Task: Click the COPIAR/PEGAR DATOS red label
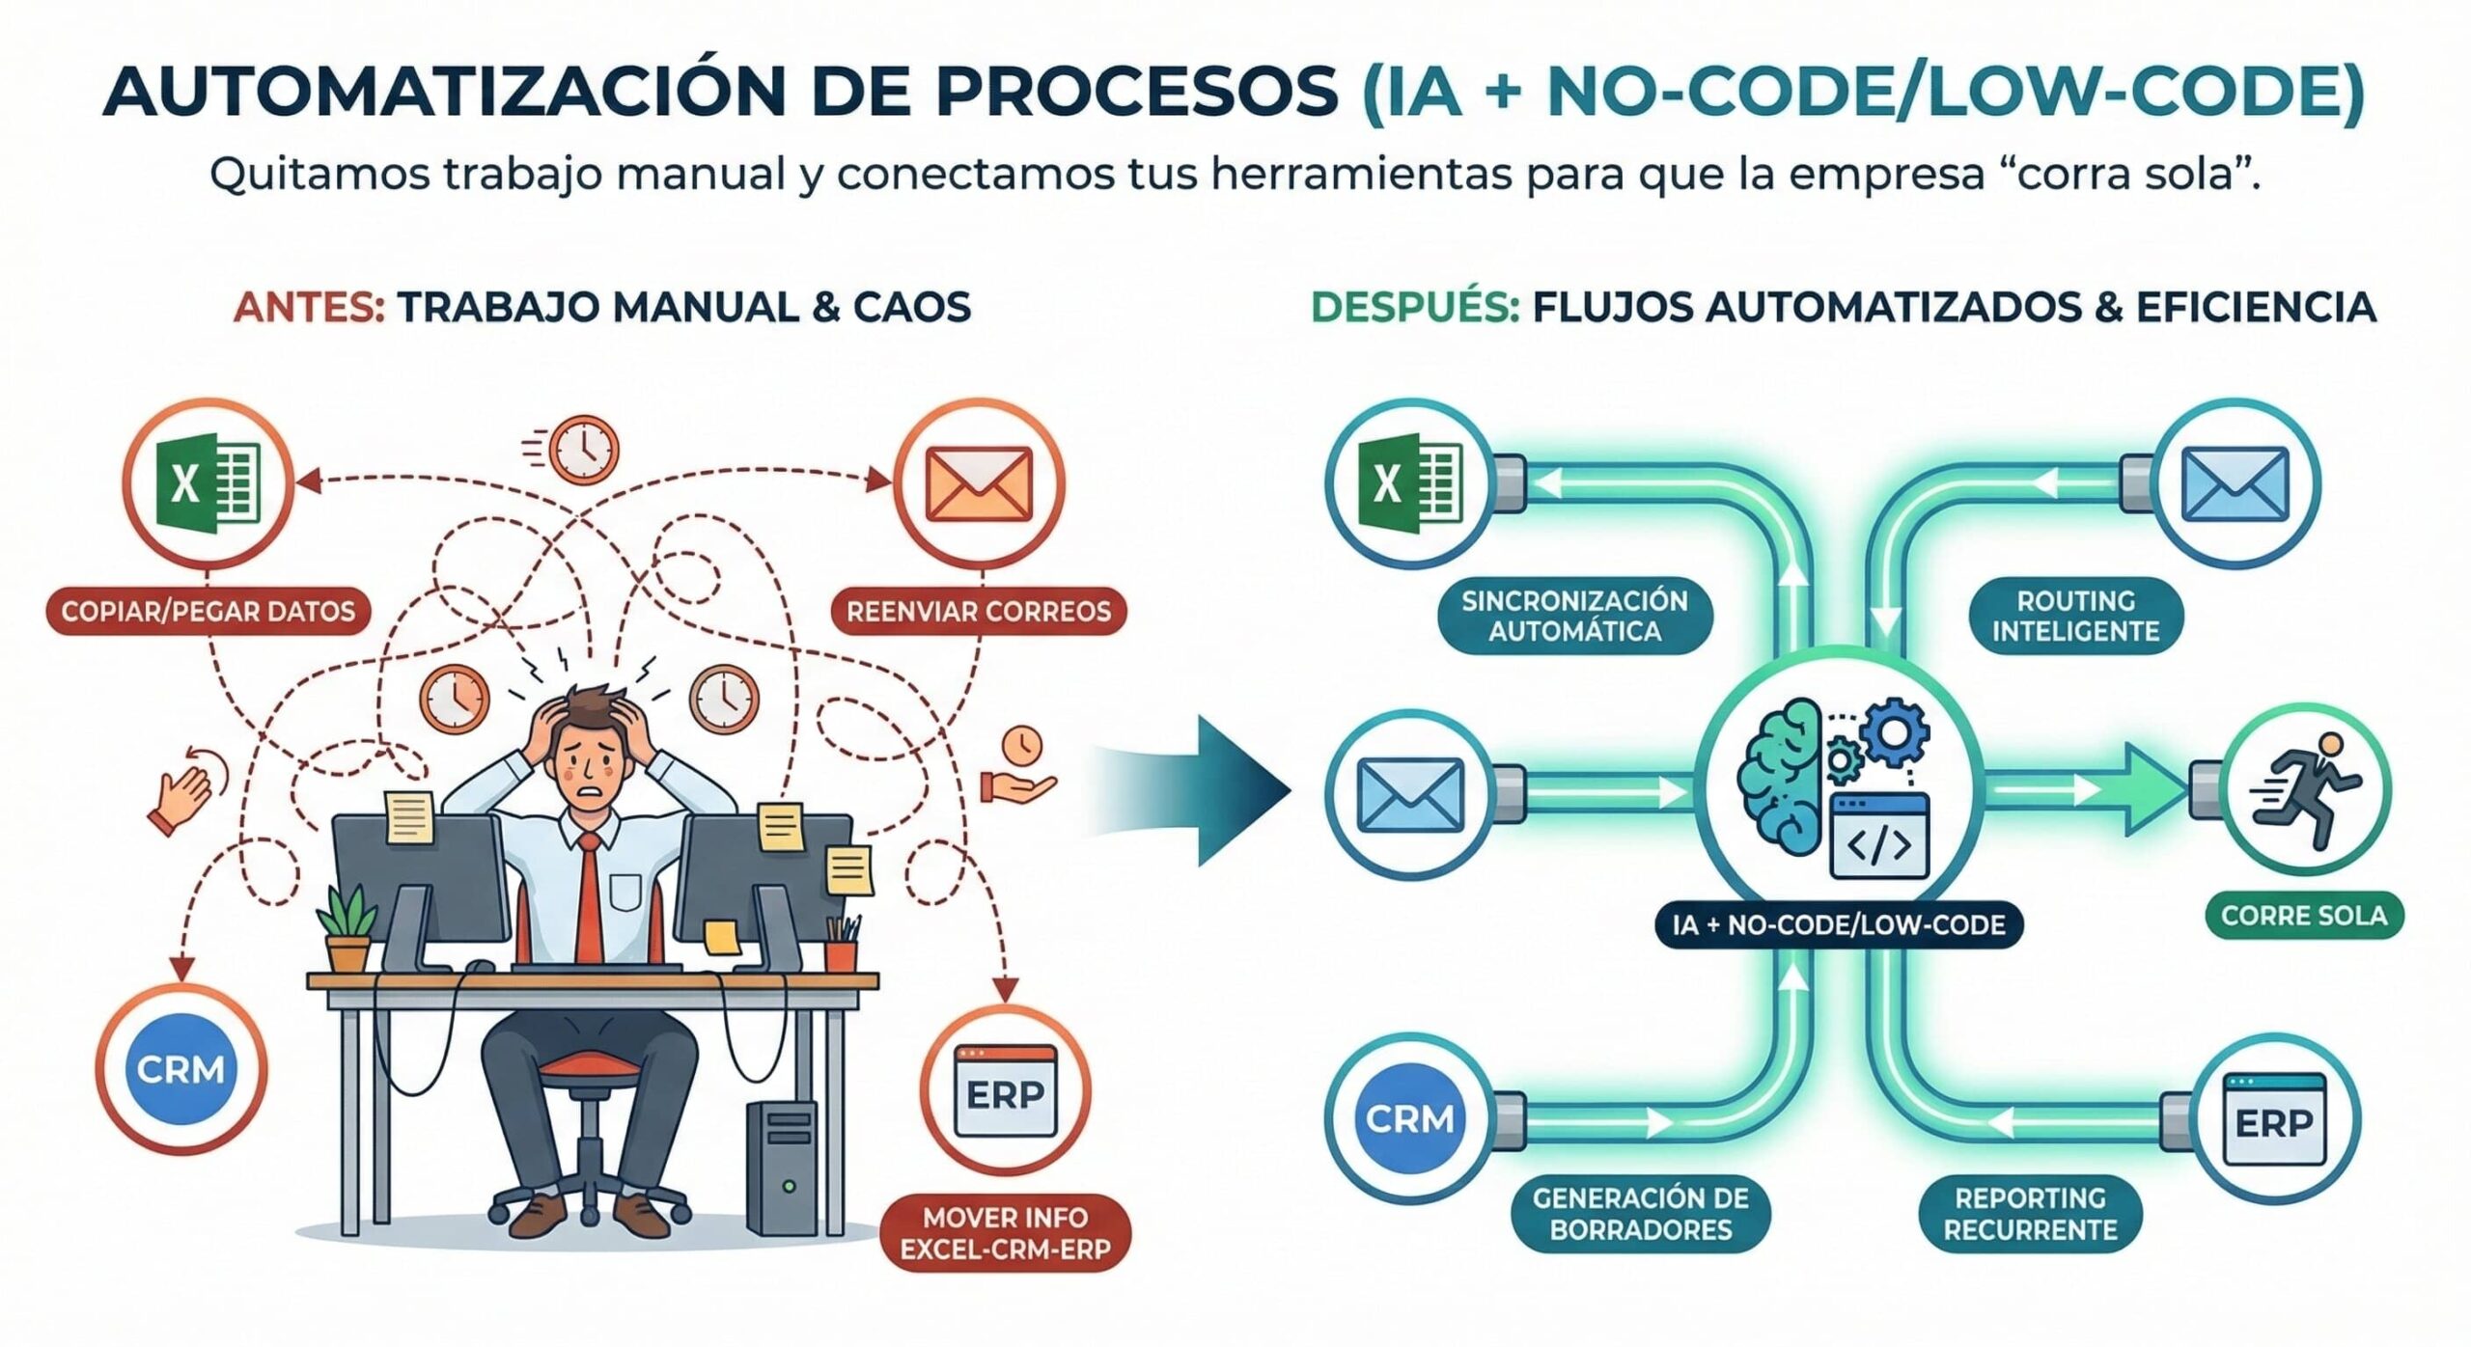coord(208,611)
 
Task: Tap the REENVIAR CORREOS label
coord(978,611)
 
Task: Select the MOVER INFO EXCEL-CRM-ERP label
coord(1005,1233)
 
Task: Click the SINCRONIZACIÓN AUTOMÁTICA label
coord(1573,616)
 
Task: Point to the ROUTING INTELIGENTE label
coord(2075,616)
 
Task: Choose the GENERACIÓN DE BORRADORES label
coord(1640,1214)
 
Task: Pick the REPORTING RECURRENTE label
coord(2030,1214)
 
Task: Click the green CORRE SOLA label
coord(2304,915)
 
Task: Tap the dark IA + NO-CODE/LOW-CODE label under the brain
coord(1839,924)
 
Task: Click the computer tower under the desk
coord(782,1168)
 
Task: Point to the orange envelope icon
coord(978,483)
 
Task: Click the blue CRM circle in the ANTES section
coord(180,1069)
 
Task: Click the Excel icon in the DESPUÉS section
coord(1409,482)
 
